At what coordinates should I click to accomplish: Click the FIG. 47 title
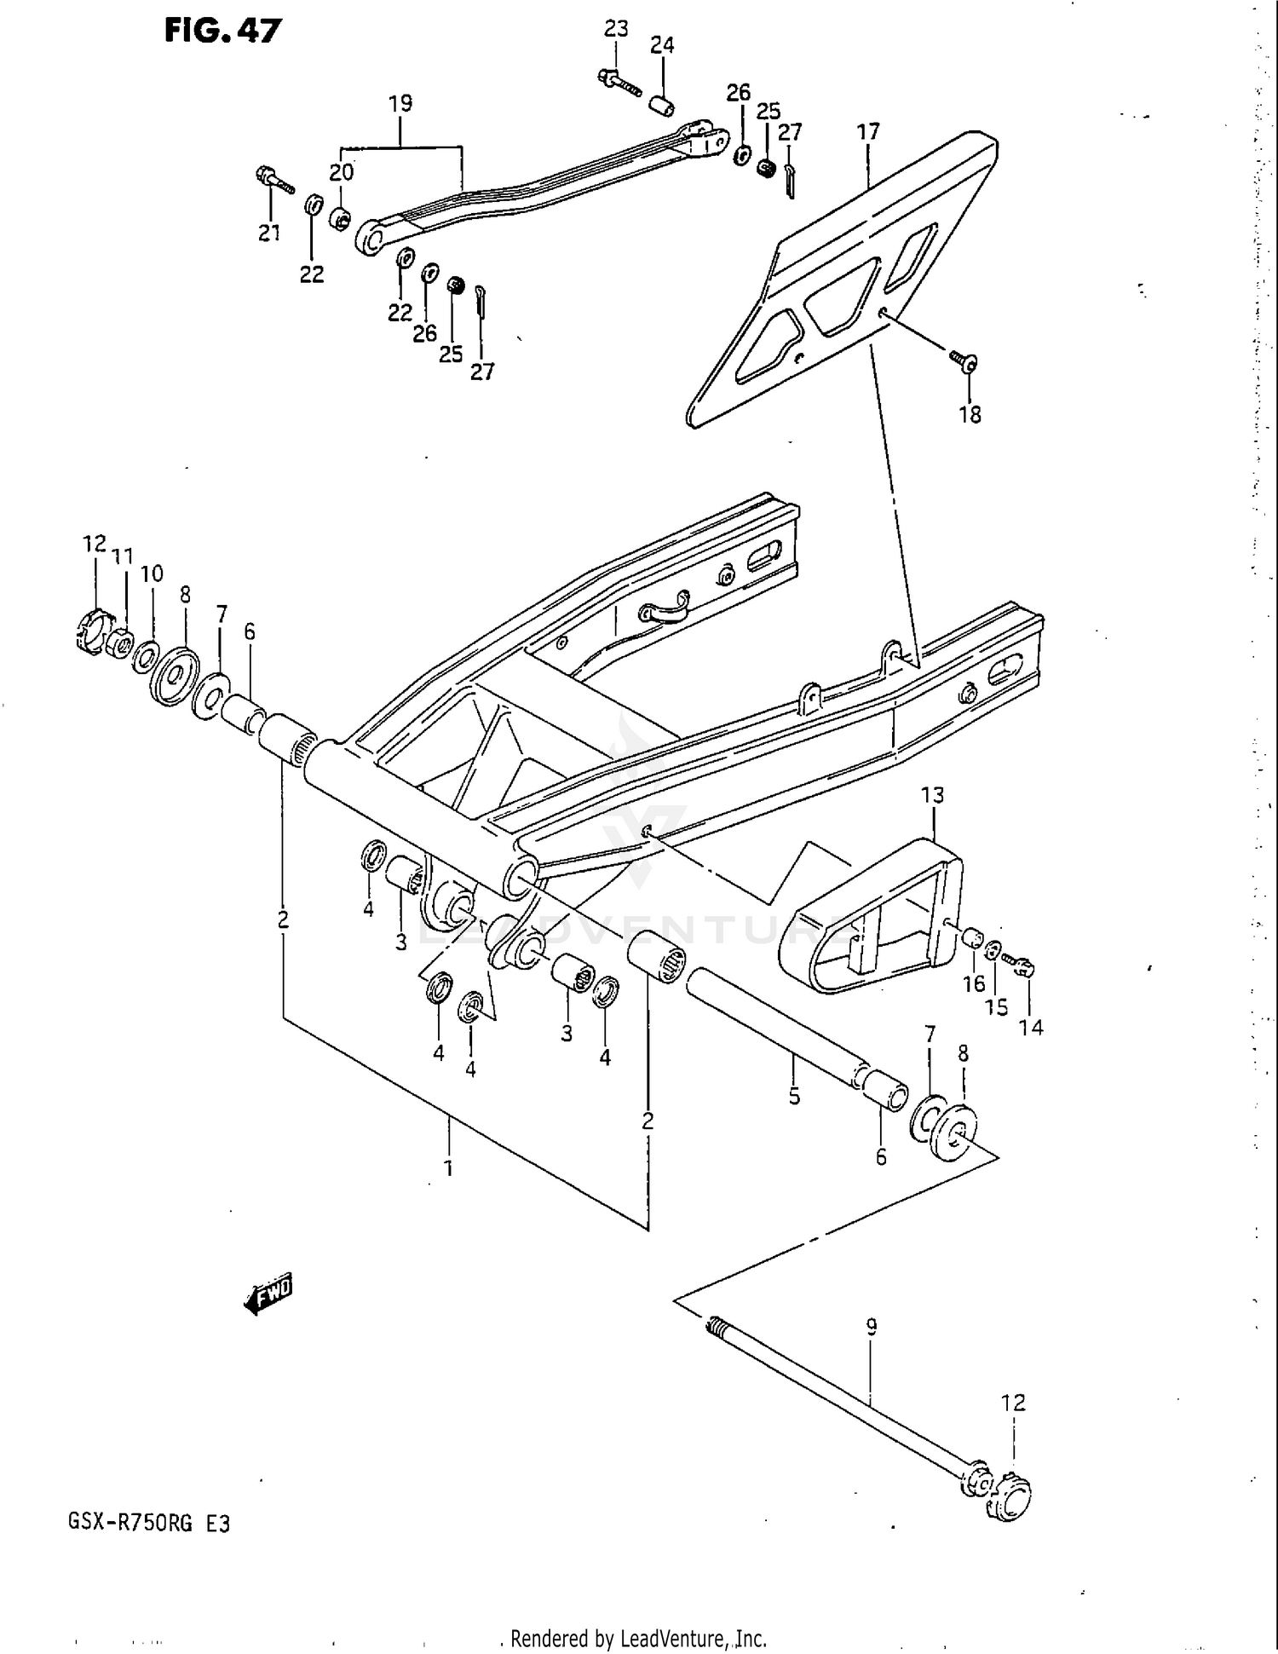point(222,31)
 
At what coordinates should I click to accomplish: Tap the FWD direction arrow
point(268,1296)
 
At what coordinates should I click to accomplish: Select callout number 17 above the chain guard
point(867,132)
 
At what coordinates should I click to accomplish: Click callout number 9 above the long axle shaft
point(871,1326)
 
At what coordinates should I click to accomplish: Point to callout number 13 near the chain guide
point(932,795)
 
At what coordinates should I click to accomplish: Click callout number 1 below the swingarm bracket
point(448,1168)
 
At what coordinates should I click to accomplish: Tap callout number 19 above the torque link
point(400,103)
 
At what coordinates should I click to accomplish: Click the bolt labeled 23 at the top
point(619,84)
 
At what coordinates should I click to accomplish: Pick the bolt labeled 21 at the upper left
point(273,179)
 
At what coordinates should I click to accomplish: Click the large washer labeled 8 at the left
point(176,677)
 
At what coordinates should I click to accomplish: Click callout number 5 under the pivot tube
point(794,1097)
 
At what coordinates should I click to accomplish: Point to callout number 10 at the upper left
point(152,573)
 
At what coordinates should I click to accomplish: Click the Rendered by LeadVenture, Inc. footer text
point(638,1639)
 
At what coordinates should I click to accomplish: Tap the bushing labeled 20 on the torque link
point(341,218)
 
